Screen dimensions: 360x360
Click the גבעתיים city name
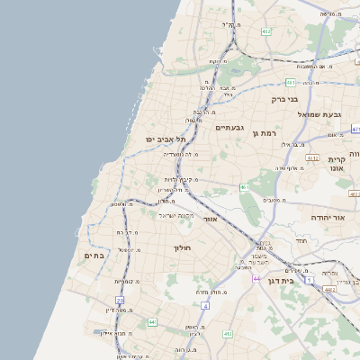pyautogui.click(x=230, y=128)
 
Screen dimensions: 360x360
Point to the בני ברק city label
pyautogui.click(x=285, y=99)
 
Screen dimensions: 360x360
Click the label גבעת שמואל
pyautogui.click(x=325, y=115)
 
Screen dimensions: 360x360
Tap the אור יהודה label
pyautogui.click(x=327, y=218)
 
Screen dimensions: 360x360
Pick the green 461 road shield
pyautogui.click(x=243, y=187)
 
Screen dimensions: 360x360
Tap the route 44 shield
pyautogui.click(x=256, y=278)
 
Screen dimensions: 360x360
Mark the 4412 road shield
pyautogui.click(x=328, y=290)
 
